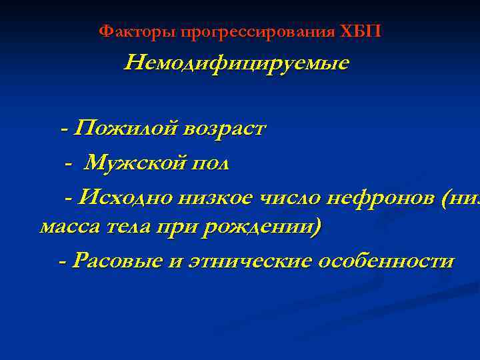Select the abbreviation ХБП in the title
point(360,31)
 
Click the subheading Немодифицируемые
point(237,64)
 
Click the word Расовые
point(116,261)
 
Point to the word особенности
point(387,261)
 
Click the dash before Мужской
point(68,163)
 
